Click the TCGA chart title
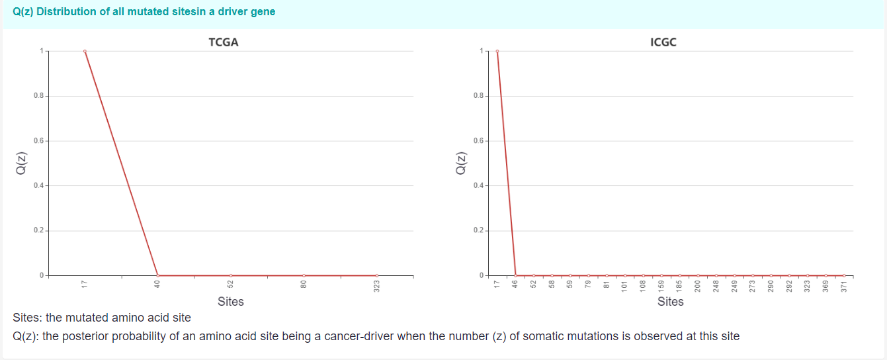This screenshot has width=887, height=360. [x=223, y=42]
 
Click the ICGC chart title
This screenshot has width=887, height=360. [x=663, y=42]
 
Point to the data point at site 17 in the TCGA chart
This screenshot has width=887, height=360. [x=85, y=51]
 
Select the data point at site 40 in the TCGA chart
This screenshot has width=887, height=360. [x=157, y=275]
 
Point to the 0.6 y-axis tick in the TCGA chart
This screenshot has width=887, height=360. [x=41, y=141]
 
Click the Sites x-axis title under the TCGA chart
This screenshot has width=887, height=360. [x=230, y=302]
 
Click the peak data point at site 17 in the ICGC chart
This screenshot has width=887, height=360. [x=497, y=51]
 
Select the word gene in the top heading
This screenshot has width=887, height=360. [x=263, y=12]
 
